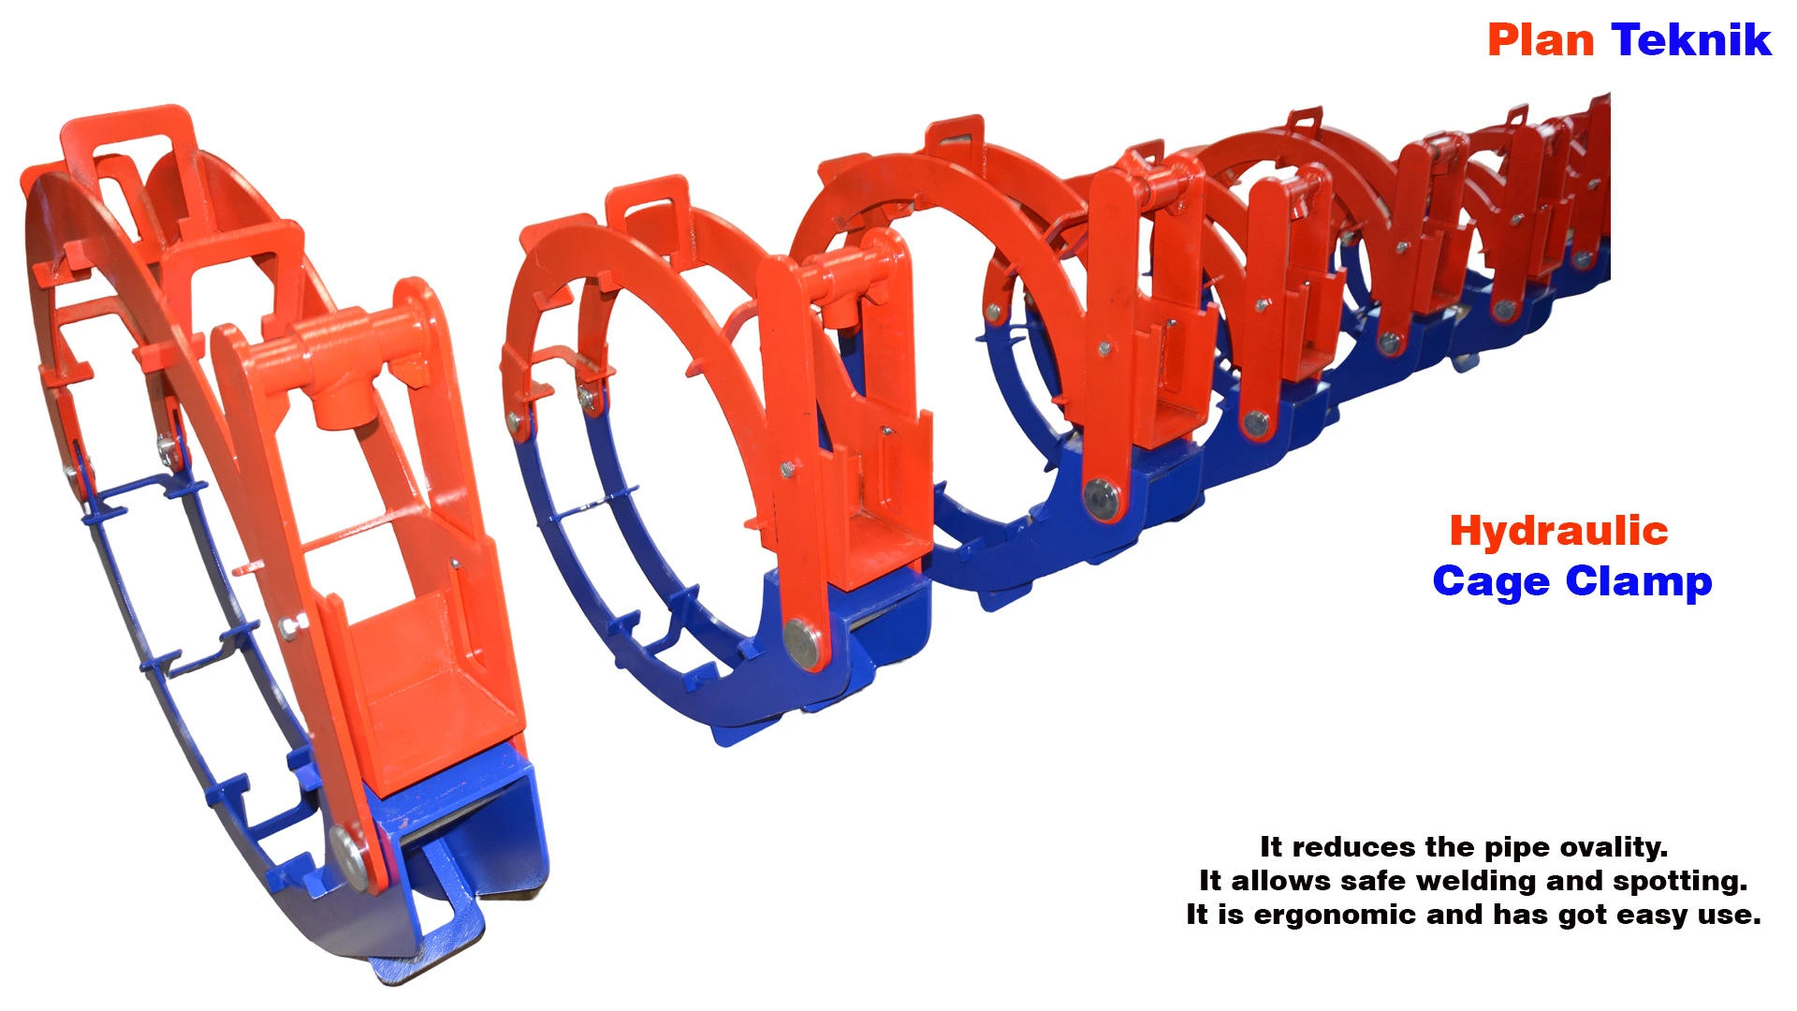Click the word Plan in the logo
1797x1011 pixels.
[1541, 40]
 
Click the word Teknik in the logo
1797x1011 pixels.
[1691, 40]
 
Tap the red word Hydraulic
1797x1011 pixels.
[1558, 531]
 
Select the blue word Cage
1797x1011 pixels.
[1491, 581]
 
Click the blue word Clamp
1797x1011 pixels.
[1639, 581]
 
